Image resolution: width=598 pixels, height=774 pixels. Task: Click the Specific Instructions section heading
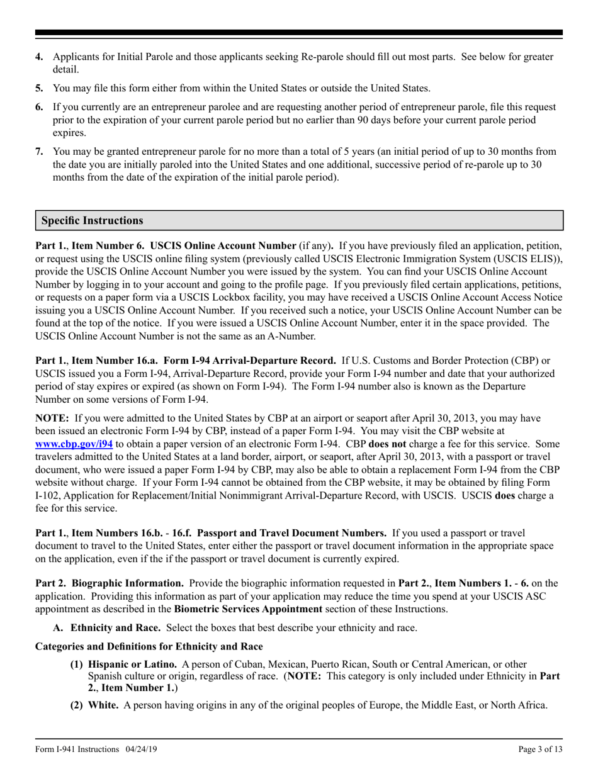point(92,221)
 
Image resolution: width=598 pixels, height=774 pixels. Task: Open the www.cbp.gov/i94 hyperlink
point(74,444)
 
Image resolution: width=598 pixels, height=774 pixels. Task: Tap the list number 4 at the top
point(39,57)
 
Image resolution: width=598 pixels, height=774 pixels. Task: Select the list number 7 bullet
point(39,152)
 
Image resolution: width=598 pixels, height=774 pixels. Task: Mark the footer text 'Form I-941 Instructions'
point(77,749)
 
